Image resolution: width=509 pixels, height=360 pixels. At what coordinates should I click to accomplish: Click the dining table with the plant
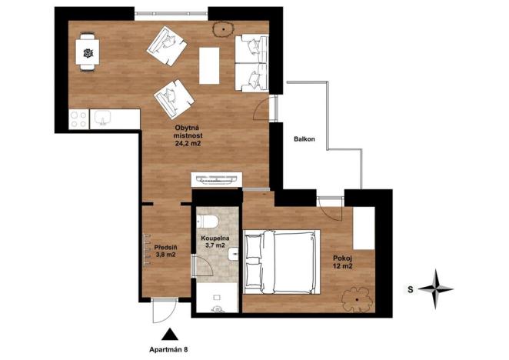[88, 53]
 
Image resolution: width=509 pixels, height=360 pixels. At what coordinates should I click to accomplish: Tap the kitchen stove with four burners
[78, 118]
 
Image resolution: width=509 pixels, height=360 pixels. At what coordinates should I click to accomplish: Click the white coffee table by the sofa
[209, 65]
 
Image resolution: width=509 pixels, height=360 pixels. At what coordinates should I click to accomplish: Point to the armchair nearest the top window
[167, 46]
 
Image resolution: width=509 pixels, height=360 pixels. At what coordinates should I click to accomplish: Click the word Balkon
[304, 139]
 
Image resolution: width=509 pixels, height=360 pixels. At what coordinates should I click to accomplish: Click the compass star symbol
[436, 288]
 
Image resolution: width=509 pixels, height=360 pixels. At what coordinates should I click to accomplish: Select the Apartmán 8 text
[170, 350]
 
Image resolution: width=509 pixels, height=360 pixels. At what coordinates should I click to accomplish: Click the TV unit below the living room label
[218, 180]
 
